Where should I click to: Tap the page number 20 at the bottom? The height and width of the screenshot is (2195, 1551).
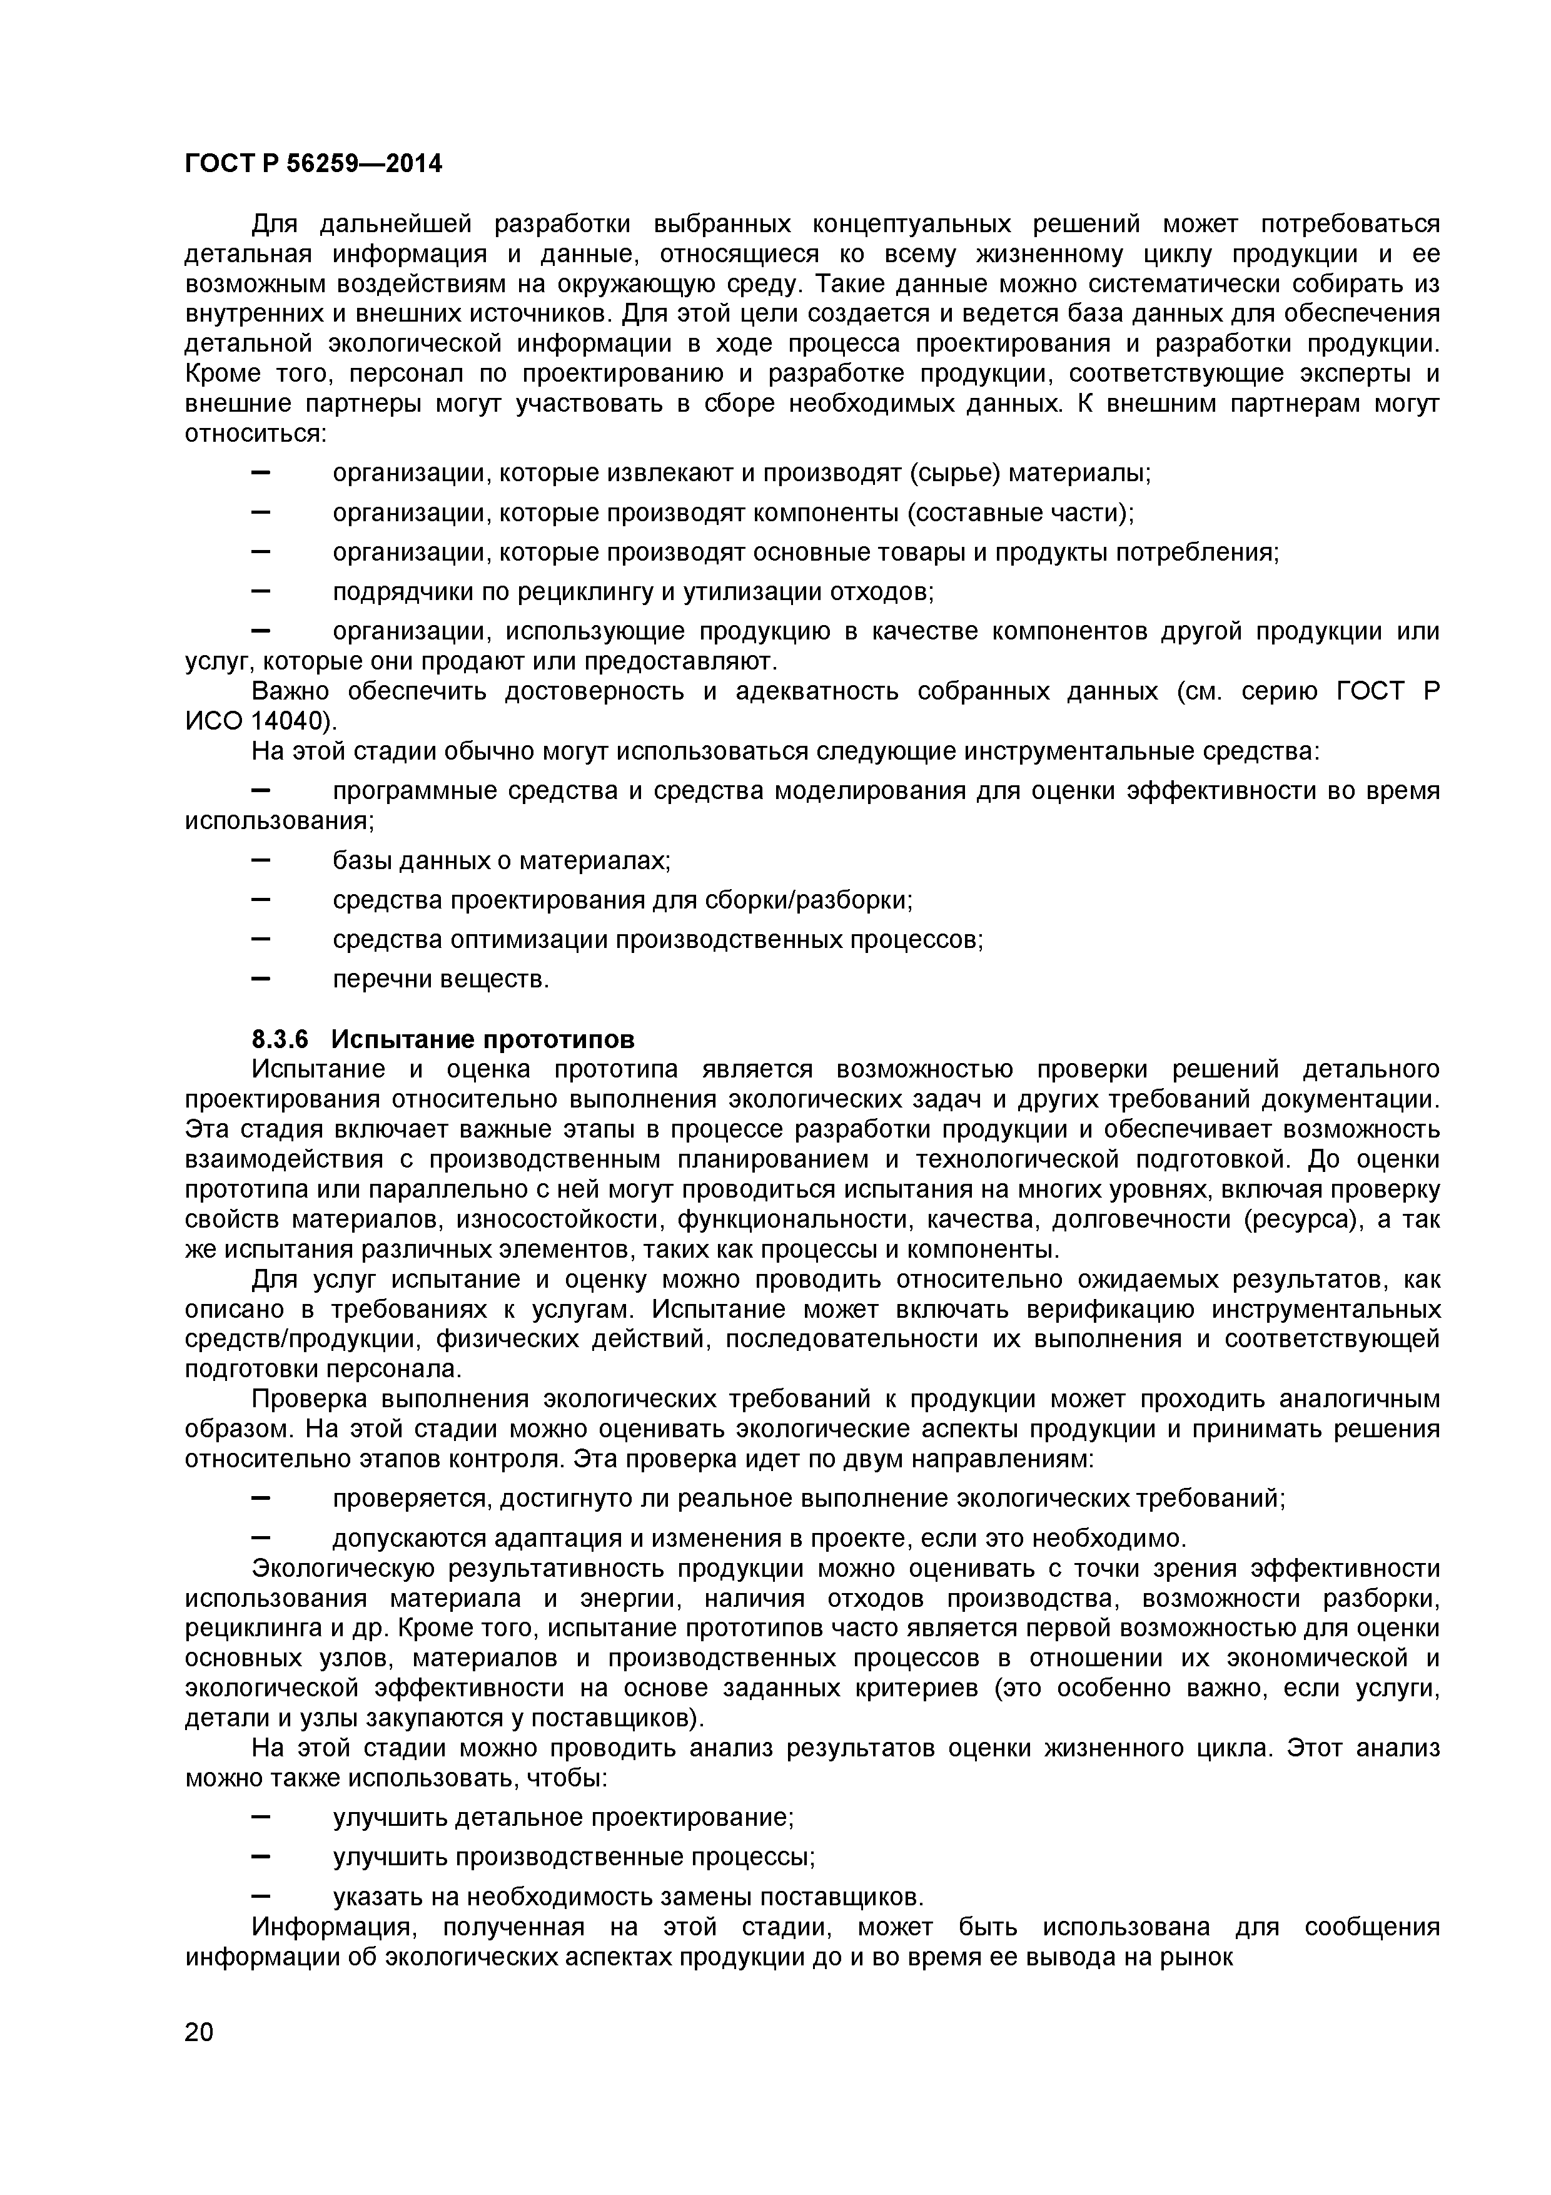(199, 2059)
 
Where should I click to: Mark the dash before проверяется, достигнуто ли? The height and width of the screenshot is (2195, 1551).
(261, 1499)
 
